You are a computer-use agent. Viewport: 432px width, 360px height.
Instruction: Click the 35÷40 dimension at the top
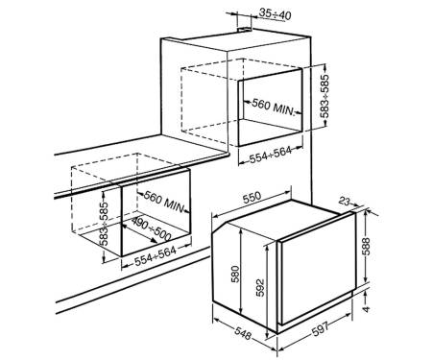point(276,14)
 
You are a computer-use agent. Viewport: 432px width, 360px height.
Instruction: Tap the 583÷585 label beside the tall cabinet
point(324,97)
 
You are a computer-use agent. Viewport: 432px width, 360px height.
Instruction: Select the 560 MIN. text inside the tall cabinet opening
point(273,107)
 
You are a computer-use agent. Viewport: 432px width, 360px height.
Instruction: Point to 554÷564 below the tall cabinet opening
point(271,154)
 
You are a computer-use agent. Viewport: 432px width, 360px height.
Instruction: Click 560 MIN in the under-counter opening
point(164,202)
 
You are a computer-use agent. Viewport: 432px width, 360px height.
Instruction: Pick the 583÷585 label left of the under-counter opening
point(104,224)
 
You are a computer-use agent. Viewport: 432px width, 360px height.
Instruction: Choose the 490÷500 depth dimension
point(152,229)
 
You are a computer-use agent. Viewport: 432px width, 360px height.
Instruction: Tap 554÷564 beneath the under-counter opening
point(156,256)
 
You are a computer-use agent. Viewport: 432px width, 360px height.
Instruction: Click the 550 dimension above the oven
point(252,198)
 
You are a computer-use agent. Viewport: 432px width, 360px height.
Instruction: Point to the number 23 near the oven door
point(345,202)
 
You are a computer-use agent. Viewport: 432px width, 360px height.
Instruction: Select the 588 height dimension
point(367,246)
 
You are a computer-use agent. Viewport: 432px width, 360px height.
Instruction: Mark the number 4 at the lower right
point(367,309)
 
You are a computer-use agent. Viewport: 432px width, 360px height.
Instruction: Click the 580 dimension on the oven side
point(234,275)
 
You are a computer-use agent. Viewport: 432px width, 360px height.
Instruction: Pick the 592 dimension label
point(260,288)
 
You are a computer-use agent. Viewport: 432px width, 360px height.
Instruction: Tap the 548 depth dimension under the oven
point(242,334)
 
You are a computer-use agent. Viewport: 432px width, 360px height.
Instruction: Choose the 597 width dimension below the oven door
point(321,328)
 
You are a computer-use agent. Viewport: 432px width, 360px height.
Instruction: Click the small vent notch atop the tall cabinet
point(245,30)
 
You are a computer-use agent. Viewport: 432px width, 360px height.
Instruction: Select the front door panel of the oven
point(318,269)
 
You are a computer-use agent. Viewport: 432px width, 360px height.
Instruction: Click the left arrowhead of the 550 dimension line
point(216,215)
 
